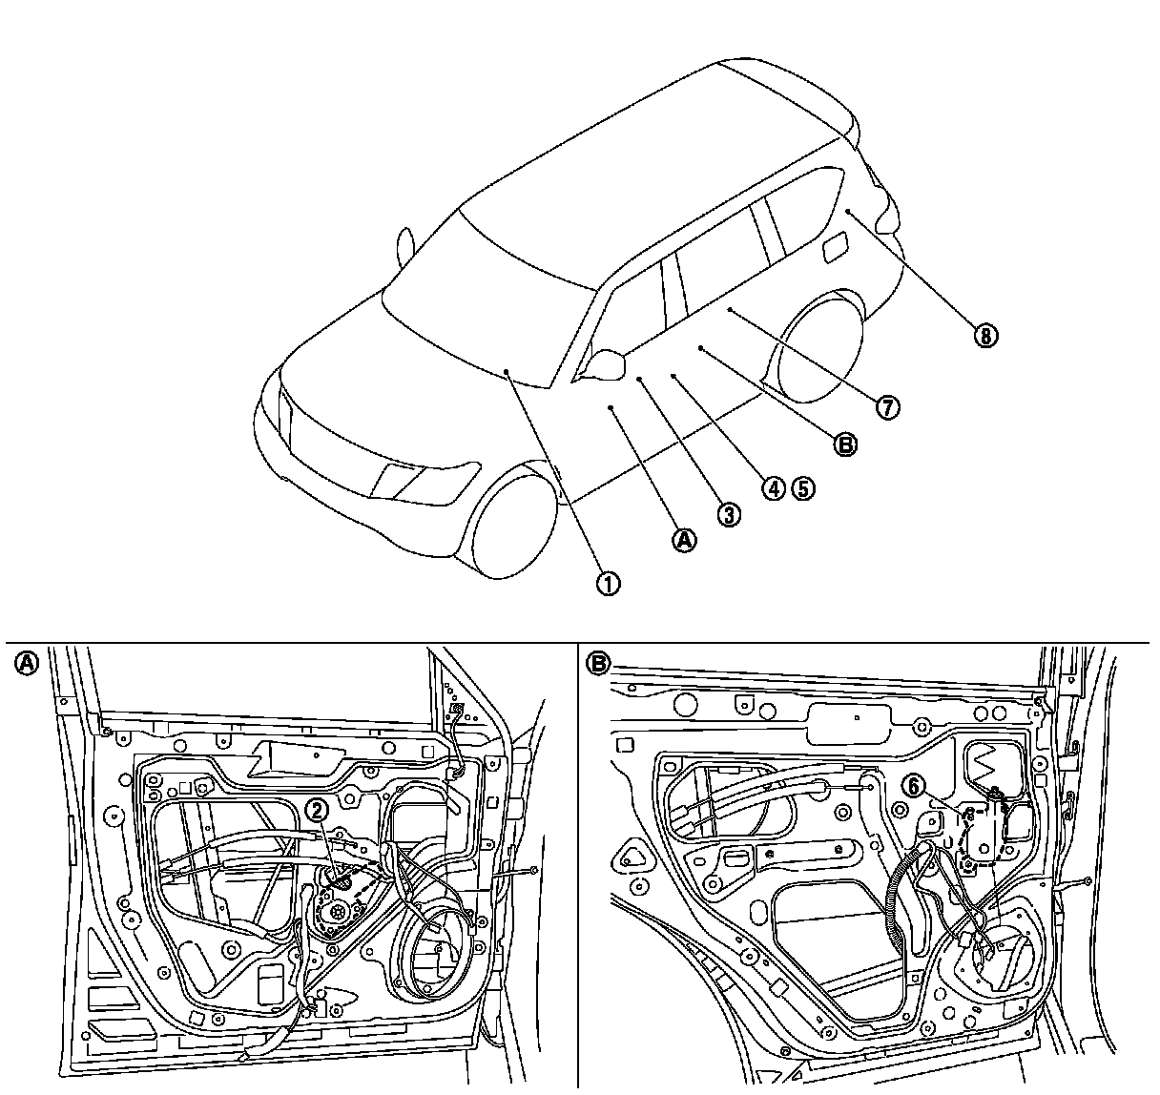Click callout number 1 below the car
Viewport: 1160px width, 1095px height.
point(608,582)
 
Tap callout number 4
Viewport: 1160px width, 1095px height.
point(773,488)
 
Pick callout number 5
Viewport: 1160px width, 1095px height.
point(803,488)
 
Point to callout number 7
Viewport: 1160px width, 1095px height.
point(887,407)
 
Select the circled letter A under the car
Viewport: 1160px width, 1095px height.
point(685,540)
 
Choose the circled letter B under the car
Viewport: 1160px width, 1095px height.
point(845,444)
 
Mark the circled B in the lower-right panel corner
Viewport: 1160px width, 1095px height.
point(597,662)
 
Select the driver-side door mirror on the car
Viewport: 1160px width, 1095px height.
point(607,362)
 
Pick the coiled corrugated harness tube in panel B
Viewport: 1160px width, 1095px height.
point(901,897)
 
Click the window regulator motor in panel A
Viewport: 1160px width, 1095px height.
point(336,911)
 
